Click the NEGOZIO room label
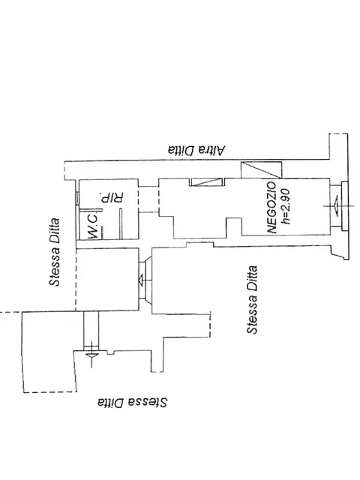point(272,208)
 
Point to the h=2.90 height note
point(286,206)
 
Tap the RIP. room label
point(112,197)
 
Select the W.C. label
point(93,226)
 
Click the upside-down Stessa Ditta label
point(132,402)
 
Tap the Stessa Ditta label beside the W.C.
point(55,252)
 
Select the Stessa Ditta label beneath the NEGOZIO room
point(252,300)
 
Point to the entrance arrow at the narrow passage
point(91,355)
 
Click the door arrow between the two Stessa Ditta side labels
point(142,280)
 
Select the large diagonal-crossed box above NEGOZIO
point(261,170)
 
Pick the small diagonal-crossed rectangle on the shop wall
point(206,181)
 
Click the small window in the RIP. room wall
point(77,197)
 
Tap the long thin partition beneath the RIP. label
point(121,223)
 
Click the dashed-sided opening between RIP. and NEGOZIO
point(148,199)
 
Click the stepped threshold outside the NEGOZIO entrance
point(345,206)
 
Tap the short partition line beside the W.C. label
point(102,232)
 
